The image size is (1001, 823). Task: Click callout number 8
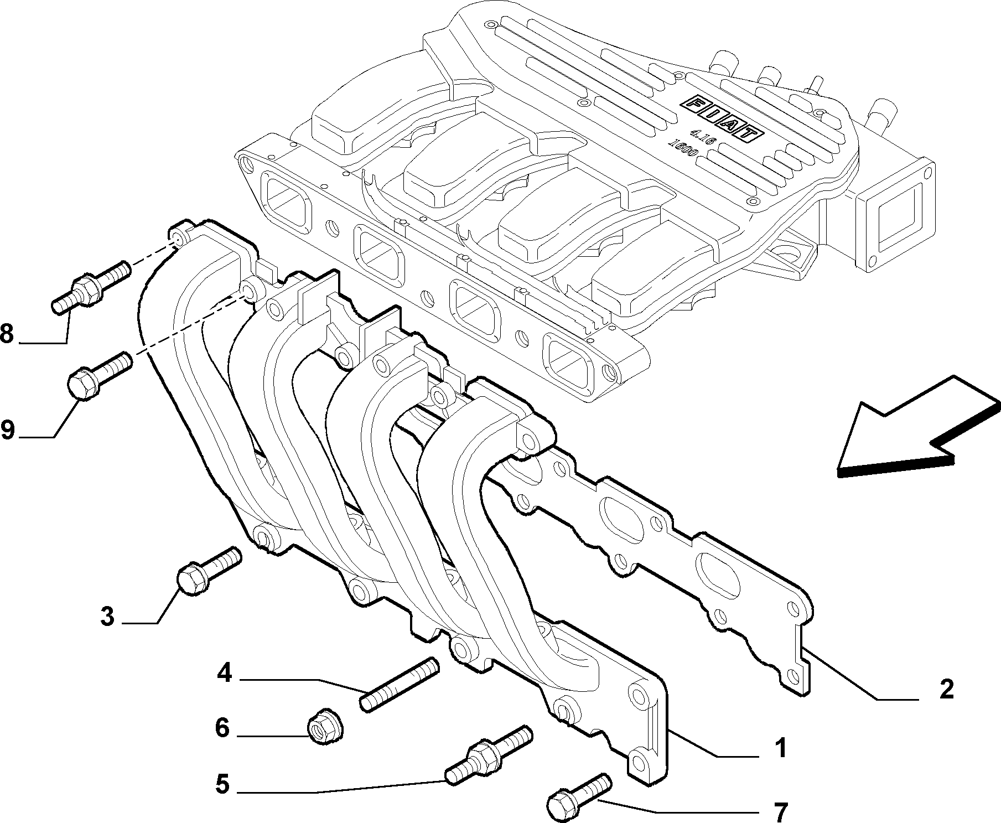(x=7, y=334)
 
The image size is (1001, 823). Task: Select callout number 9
(x=7, y=429)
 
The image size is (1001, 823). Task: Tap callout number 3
(x=107, y=616)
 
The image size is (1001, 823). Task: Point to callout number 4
(x=224, y=673)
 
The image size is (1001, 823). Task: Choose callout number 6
(x=222, y=728)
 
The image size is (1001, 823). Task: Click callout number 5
(x=222, y=784)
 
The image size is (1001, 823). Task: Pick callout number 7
(x=780, y=812)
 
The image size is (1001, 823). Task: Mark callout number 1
(x=780, y=749)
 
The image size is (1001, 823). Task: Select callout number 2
(x=947, y=690)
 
